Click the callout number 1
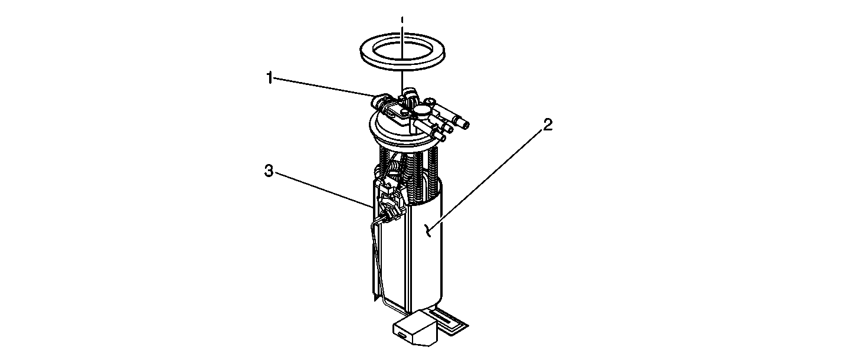click(269, 78)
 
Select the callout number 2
click(548, 125)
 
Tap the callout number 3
click(269, 171)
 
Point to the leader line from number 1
click(324, 87)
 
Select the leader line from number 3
click(323, 189)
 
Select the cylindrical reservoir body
click(424, 256)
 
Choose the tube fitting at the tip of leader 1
click(380, 100)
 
